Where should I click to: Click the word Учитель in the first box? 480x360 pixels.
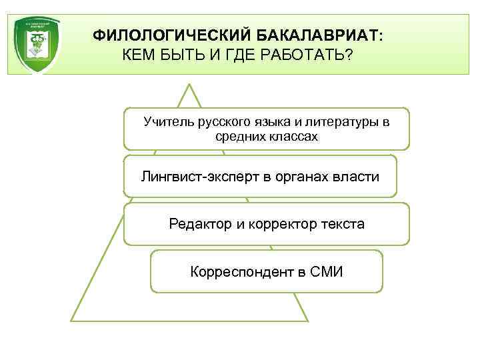click(168, 122)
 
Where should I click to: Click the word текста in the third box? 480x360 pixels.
click(341, 224)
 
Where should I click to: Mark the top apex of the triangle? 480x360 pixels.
click(190, 85)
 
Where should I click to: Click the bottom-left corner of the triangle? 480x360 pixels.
click(72, 321)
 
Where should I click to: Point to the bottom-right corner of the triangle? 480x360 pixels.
click(307, 321)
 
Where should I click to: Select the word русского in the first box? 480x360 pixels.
click(223, 122)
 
